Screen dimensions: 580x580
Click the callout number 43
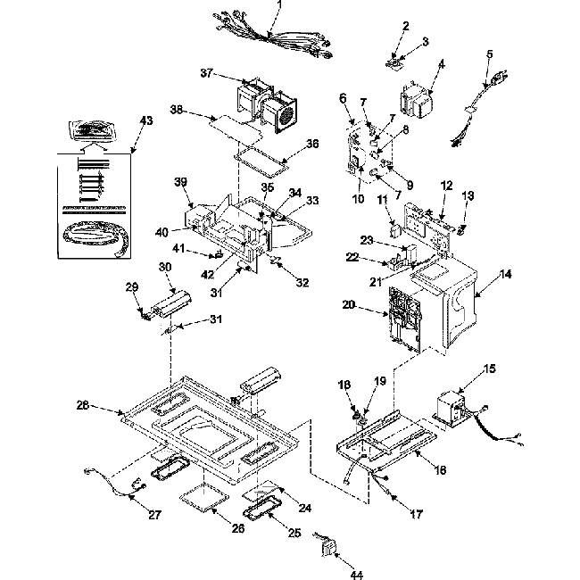145,120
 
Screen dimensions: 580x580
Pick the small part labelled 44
328,546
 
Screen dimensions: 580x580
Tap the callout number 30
165,266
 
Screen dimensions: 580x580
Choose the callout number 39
180,182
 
